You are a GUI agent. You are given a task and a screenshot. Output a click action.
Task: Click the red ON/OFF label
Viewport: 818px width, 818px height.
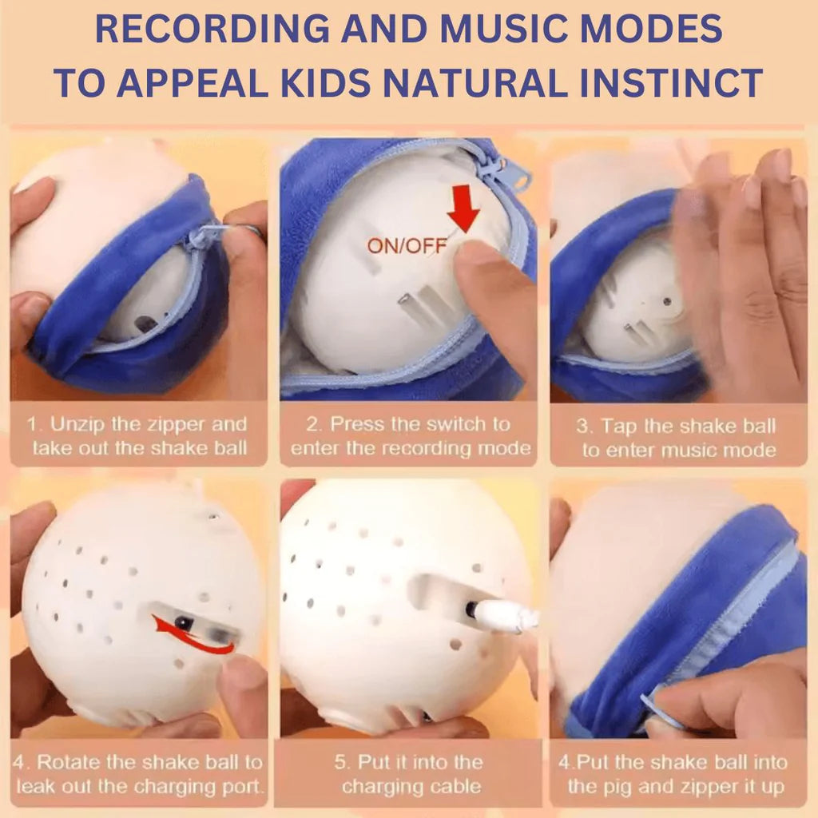(407, 245)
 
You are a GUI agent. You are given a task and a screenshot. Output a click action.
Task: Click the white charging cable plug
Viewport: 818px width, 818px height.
(503, 615)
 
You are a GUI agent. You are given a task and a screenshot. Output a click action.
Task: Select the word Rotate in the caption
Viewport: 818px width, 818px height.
(69, 762)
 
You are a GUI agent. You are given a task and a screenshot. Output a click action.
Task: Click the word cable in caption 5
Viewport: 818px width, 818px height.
(456, 786)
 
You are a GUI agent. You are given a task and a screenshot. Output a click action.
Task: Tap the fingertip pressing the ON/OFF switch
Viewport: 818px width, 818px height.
(472, 256)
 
